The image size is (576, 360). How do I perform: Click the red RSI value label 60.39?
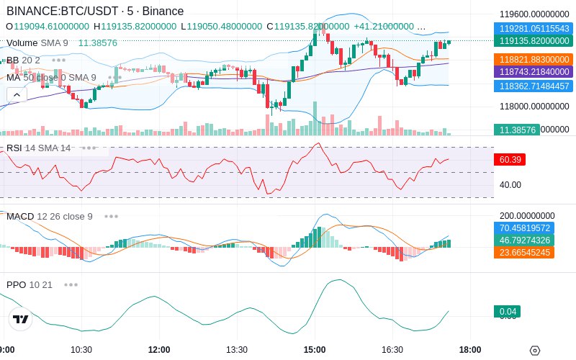(x=510, y=159)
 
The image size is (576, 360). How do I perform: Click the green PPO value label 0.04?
(x=507, y=312)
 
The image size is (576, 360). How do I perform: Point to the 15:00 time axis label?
(x=315, y=350)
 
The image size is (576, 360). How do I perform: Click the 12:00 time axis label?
(x=159, y=350)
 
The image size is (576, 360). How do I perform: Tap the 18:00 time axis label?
(x=470, y=350)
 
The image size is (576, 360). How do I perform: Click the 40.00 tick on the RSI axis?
(x=510, y=185)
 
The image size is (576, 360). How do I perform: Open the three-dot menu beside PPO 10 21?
(x=71, y=285)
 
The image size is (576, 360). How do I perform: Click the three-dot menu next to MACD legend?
(x=111, y=216)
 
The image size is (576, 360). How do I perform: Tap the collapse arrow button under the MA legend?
(x=16, y=94)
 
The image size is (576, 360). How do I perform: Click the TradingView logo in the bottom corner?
(x=21, y=319)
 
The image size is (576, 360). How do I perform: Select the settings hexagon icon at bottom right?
(x=534, y=351)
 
